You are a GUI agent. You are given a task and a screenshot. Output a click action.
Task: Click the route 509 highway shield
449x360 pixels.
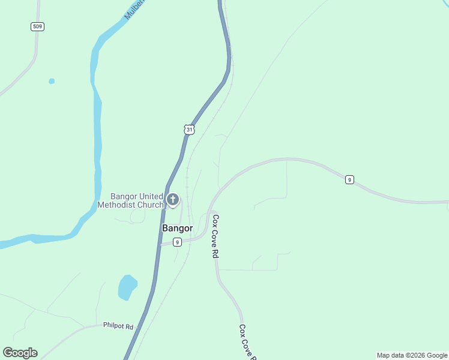pos(38,26)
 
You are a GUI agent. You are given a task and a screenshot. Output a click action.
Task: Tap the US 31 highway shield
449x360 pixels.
pos(189,130)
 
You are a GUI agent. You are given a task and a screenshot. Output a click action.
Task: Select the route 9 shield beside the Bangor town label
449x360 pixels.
pos(177,242)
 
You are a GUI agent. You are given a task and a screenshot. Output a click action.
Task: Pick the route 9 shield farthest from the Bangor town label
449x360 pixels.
pos(349,179)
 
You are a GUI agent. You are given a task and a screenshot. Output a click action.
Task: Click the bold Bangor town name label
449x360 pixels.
pos(178,229)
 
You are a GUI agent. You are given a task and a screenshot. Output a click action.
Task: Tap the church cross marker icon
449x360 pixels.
pos(173,199)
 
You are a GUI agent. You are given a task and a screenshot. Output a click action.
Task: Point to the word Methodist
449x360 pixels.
pos(118,205)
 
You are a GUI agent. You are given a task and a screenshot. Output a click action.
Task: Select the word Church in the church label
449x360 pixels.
pos(151,205)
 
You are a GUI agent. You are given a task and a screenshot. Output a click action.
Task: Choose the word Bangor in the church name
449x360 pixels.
pos(124,196)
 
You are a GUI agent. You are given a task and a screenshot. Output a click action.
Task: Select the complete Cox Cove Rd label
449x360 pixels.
pos(215,236)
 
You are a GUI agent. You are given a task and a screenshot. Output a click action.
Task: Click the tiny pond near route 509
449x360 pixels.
pos(52,81)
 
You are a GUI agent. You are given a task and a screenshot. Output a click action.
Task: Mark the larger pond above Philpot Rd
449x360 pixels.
pos(127,287)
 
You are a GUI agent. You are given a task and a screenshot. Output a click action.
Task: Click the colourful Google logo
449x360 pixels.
pos(20,353)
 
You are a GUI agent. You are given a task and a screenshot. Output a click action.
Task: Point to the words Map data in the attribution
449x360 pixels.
pos(390,356)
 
